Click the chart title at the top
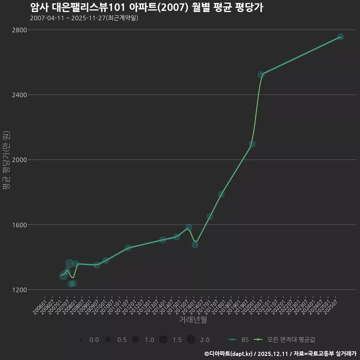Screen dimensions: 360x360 tap(146, 8)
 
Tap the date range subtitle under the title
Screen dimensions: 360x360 tap(84, 18)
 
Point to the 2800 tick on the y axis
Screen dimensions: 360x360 tap(19, 30)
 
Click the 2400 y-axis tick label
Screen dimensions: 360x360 tap(19, 95)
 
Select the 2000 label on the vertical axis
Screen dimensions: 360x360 tap(19, 160)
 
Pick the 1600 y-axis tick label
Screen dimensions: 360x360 tap(19, 225)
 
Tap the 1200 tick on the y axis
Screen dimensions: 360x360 tap(19, 290)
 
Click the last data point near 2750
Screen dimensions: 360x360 tap(340, 37)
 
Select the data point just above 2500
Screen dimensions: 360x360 tap(261, 75)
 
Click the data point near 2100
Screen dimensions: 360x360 tap(252, 144)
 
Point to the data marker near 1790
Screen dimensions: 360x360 tap(221, 194)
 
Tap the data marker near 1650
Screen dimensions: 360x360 tap(210, 217)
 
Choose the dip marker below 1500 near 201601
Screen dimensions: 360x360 tap(195, 245)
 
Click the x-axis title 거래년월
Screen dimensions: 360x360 tap(193, 320)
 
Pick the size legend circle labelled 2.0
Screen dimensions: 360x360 tap(191, 340)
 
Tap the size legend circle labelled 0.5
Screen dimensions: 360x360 tap(108, 340)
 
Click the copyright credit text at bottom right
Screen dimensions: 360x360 tap(280, 354)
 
